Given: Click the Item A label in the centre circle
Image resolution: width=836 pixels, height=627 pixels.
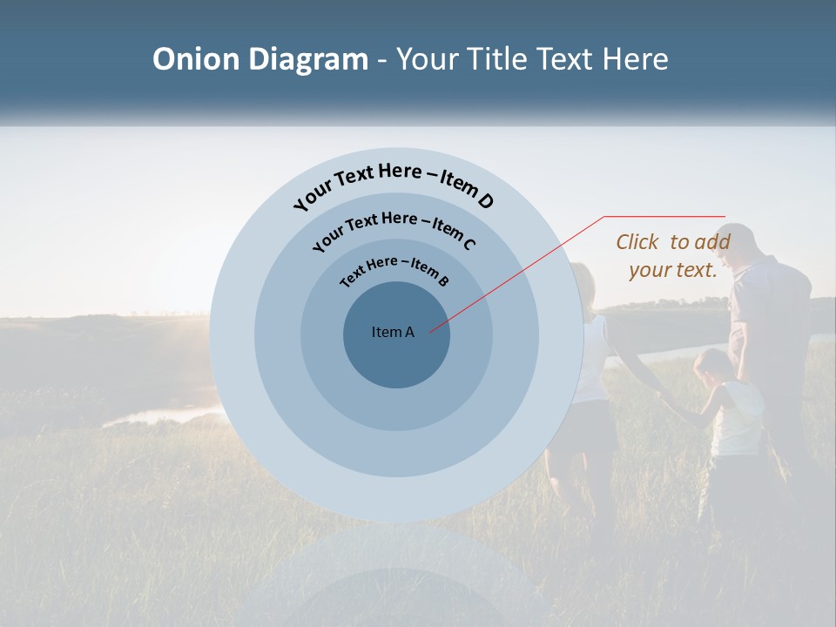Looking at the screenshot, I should (393, 332).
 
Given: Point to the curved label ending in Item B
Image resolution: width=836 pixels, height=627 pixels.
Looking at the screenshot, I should (394, 269).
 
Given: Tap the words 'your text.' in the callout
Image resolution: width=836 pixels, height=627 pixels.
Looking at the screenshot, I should (672, 270).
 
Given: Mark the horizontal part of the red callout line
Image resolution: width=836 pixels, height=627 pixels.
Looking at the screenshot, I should (664, 216).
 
